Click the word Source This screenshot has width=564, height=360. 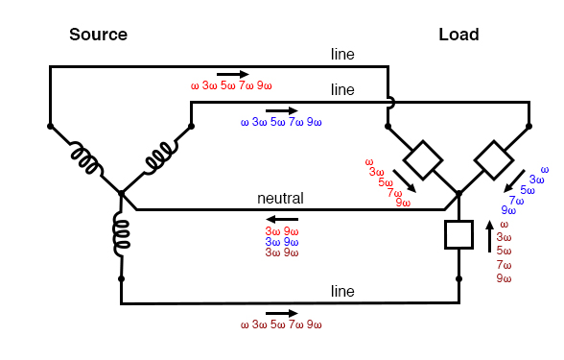(98, 35)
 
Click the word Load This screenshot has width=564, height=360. (458, 35)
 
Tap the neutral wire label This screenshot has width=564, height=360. (280, 199)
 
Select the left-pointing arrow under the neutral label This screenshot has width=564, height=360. (281, 218)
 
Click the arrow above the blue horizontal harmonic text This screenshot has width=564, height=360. (281, 110)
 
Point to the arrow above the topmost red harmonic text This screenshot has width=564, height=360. (232, 73)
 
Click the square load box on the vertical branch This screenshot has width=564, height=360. (458, 235)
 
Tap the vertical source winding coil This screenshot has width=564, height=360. (122, 235)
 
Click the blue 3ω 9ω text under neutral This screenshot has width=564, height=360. (281, 242)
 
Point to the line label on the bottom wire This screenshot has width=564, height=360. (342, 291)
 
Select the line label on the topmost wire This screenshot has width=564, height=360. (342, 55)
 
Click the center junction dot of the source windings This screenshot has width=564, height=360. (121, 193)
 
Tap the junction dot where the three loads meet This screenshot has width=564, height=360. (458, 193)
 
